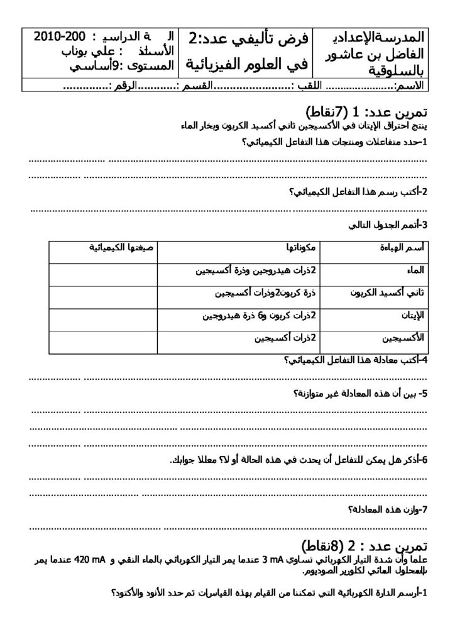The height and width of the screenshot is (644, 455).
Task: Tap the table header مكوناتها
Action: coord(301,247)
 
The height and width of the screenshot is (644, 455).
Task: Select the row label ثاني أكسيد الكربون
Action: coord(387,293)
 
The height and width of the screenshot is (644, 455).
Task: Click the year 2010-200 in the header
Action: coord(56,35)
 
